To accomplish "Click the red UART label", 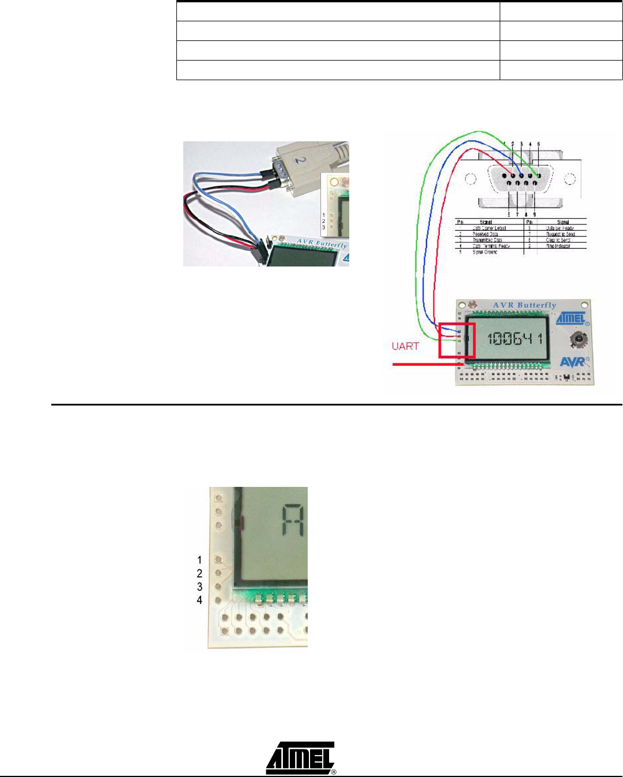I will click(405, 346).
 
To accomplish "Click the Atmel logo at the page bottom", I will click(300, 757).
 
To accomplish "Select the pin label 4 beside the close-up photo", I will click(199, 600).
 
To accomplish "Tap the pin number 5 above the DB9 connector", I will click(539, 144).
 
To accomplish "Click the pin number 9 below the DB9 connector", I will click(534, 215).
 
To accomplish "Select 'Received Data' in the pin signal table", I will click(485, 234).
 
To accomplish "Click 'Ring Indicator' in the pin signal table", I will click(558, 246).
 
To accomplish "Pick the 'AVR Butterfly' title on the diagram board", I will click(524, 305).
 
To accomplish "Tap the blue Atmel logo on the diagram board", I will click(571, 318).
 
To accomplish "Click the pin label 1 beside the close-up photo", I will click(199, 560).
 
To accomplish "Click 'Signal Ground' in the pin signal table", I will click(485, 252).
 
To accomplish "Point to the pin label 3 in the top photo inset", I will click(324, 227).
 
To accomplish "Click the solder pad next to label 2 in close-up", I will click(218, 573).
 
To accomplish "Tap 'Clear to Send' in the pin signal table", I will click(558, 240).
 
